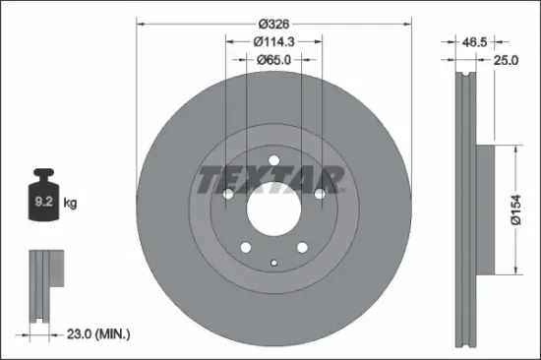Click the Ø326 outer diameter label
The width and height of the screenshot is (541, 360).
273,23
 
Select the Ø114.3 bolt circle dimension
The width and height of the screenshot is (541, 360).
273,41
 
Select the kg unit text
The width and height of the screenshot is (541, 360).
70,204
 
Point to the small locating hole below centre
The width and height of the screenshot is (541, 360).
272,262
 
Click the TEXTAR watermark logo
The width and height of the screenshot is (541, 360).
272,180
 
